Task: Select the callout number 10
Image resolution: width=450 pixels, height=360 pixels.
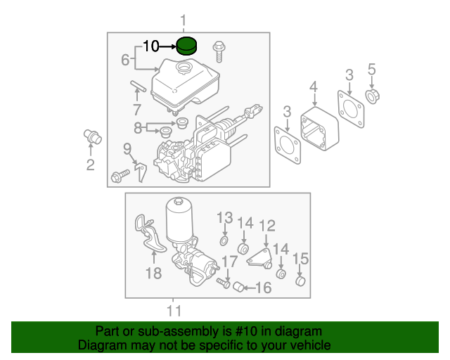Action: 151,46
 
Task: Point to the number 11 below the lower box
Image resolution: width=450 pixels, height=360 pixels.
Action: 174,310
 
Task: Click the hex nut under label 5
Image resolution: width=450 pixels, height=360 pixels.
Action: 371,95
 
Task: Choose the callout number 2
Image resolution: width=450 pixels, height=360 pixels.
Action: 90,166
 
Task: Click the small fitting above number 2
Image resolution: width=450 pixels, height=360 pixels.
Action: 91,135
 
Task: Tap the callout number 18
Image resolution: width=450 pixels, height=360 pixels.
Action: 153,273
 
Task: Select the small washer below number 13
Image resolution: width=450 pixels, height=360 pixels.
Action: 224,241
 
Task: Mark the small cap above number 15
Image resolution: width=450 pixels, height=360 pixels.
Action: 300,283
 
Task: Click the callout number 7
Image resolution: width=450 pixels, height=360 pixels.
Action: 136,110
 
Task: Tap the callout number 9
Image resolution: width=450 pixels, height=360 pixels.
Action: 127,148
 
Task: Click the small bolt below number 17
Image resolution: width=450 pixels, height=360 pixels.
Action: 224,283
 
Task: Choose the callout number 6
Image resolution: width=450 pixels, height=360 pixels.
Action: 124,60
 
